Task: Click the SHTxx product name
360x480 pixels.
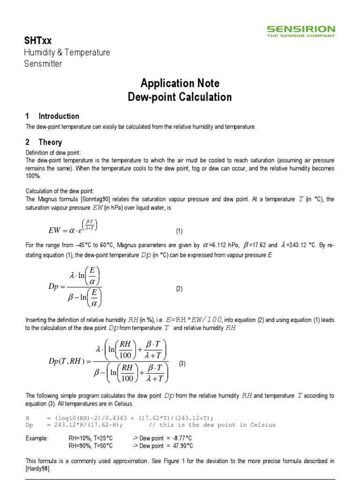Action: (38, 40)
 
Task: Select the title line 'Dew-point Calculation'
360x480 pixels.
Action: (180, 97)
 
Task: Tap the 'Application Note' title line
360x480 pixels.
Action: (180, 83)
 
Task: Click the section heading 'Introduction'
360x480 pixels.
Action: (59, 116)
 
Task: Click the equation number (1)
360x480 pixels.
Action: (179, 231)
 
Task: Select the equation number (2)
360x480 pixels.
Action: (179, 289)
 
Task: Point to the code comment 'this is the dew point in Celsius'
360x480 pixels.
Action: (217, 425)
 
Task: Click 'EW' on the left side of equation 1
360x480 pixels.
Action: (55, 230)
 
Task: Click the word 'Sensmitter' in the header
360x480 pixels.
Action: (43, 64)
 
